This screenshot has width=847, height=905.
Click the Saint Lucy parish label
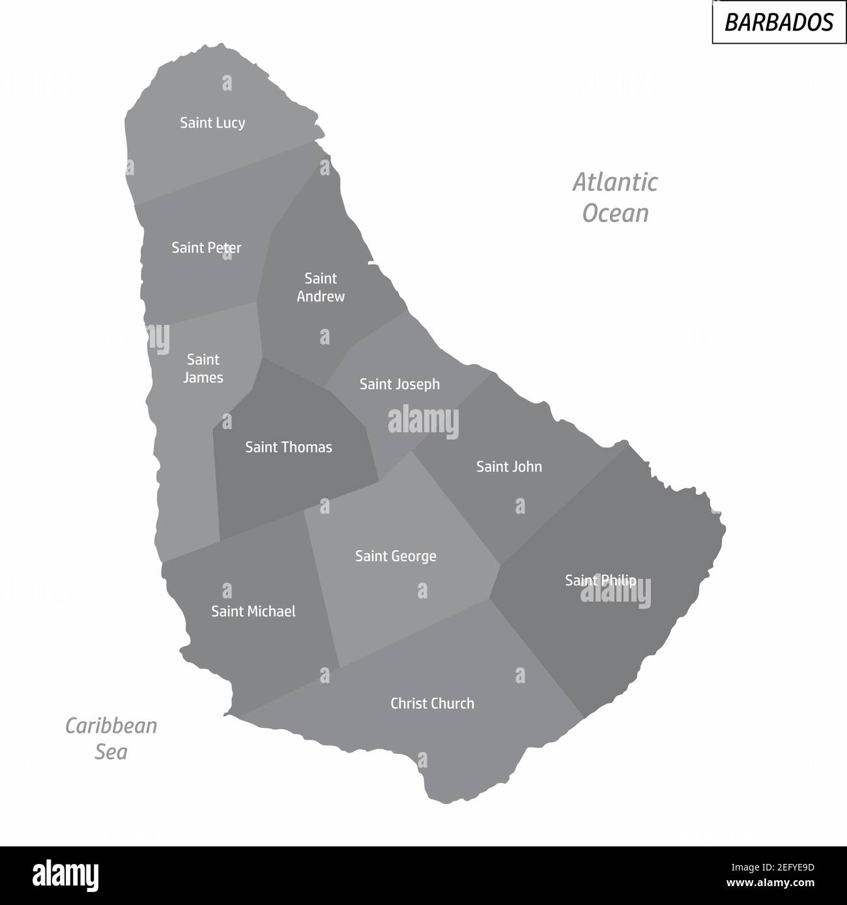(212, 123)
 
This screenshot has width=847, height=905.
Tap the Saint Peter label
(207, 248)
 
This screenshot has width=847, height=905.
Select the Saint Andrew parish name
(321, 288)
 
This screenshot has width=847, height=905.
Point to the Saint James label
(203, 369)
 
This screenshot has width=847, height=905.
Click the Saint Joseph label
(399, 385)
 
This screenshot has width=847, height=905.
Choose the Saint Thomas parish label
(289, 447)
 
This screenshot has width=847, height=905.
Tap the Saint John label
(509, 467)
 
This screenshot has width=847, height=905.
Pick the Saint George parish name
(395, 557)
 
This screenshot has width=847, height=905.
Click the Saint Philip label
(600, 580)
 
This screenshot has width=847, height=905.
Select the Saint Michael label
(253, 612)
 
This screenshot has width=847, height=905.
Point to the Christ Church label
(432, 704)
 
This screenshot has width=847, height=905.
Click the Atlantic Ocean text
(615, 197)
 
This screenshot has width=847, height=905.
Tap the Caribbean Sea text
(111, 738)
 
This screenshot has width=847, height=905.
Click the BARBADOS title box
(779, 22)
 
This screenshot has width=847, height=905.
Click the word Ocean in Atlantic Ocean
(616, 214)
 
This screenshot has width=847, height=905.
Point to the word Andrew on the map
(321, 297)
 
